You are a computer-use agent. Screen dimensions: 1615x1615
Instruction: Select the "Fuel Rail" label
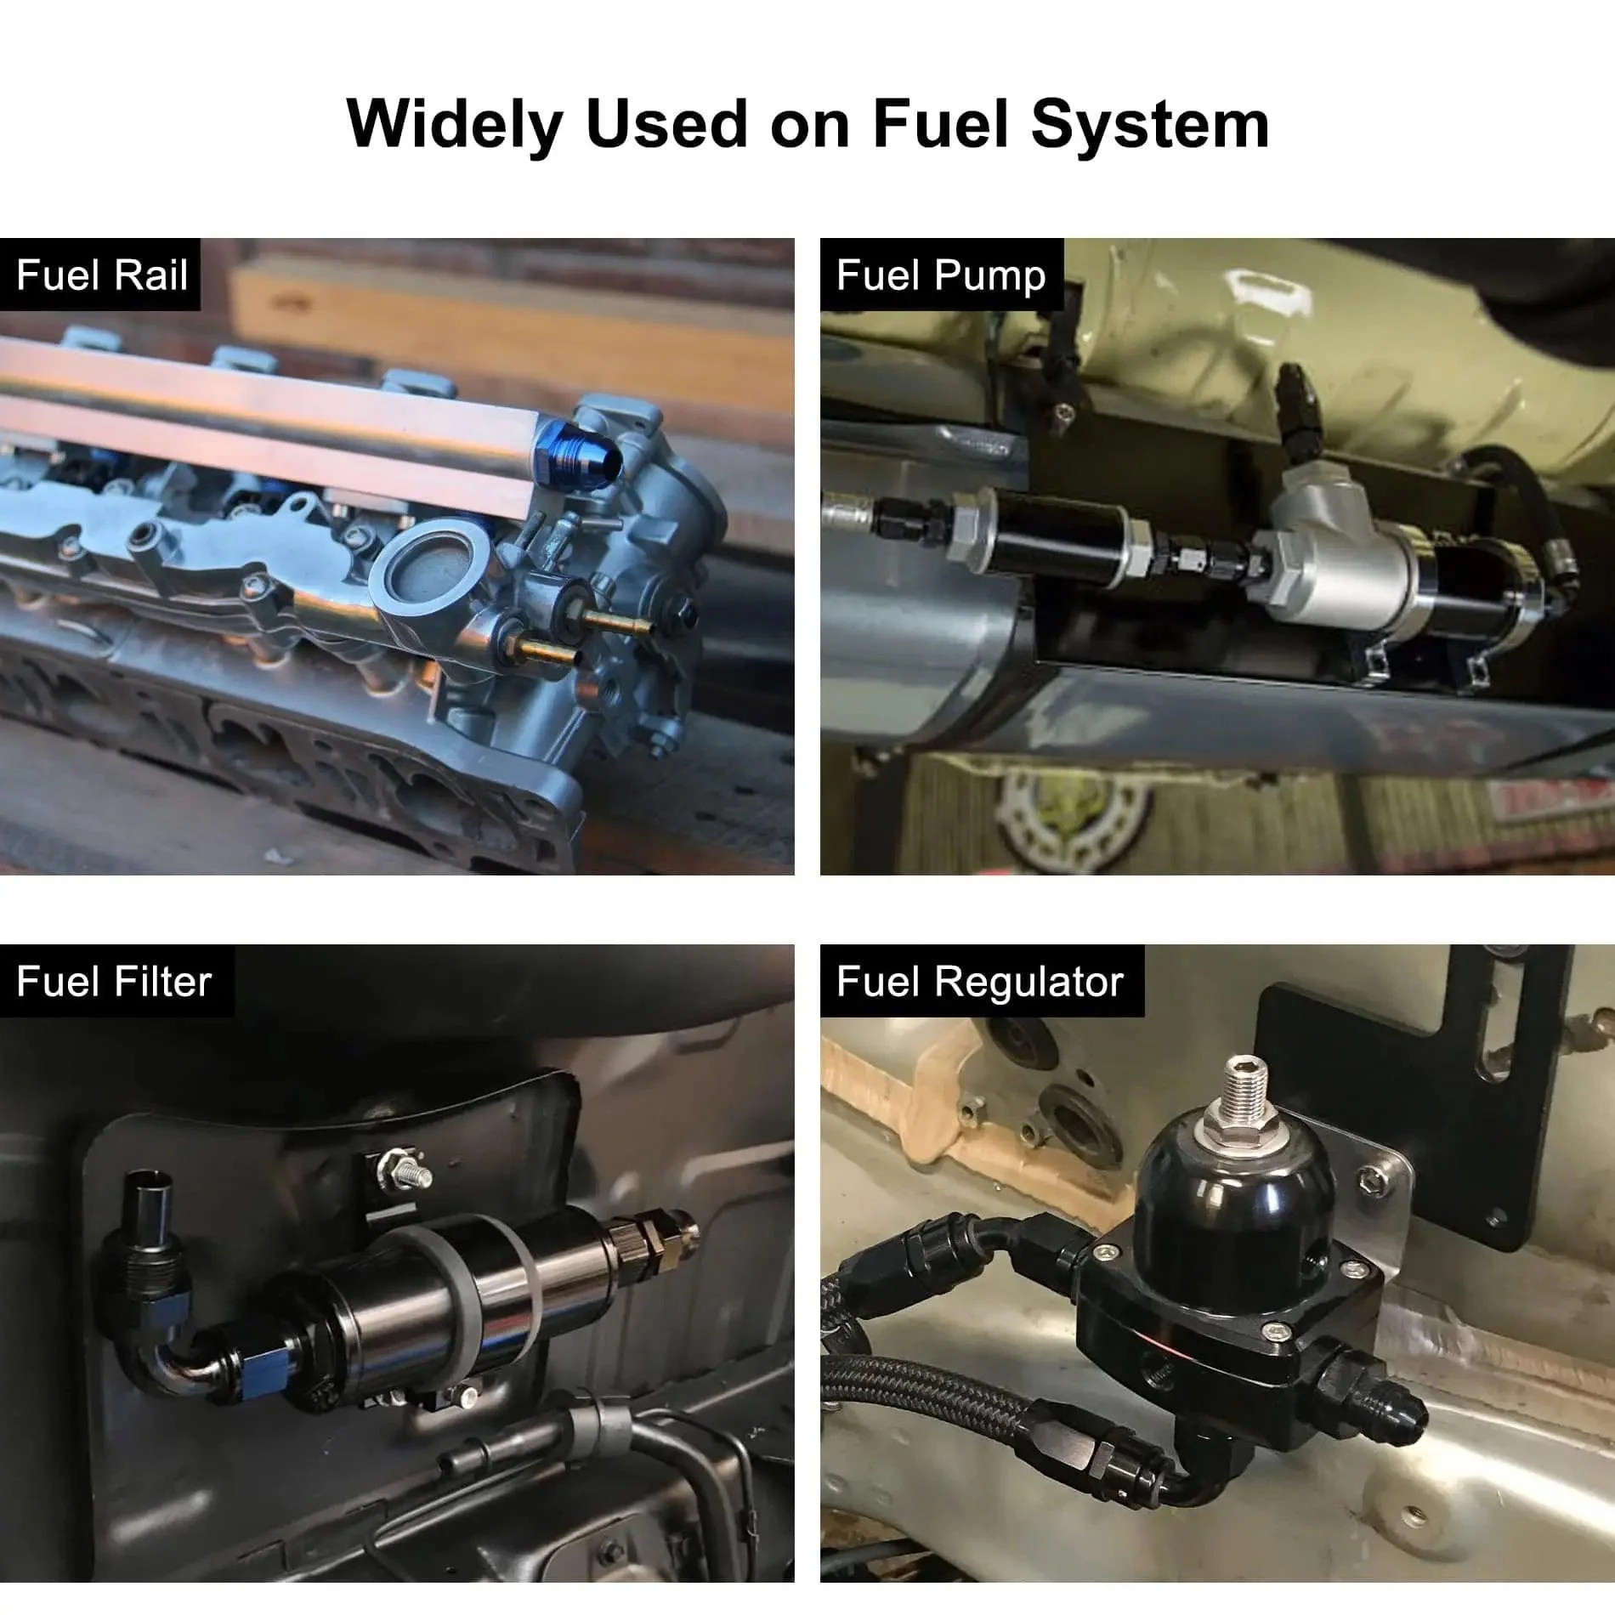[102, 275]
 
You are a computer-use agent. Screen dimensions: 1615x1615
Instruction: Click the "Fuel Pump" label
[941, 275]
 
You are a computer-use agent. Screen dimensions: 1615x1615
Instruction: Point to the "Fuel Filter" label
[114, 982]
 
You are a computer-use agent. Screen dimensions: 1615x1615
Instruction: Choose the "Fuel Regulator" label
[980, 983]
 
